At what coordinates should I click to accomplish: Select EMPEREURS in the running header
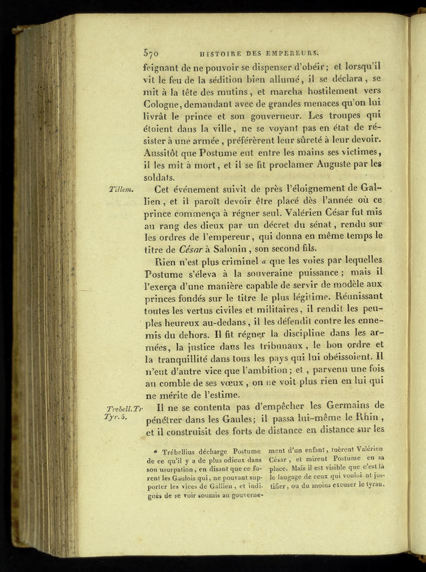click(295, 51)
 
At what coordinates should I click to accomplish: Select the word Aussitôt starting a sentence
click(165, 152)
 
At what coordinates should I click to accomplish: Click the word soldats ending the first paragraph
click(159, 177)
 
